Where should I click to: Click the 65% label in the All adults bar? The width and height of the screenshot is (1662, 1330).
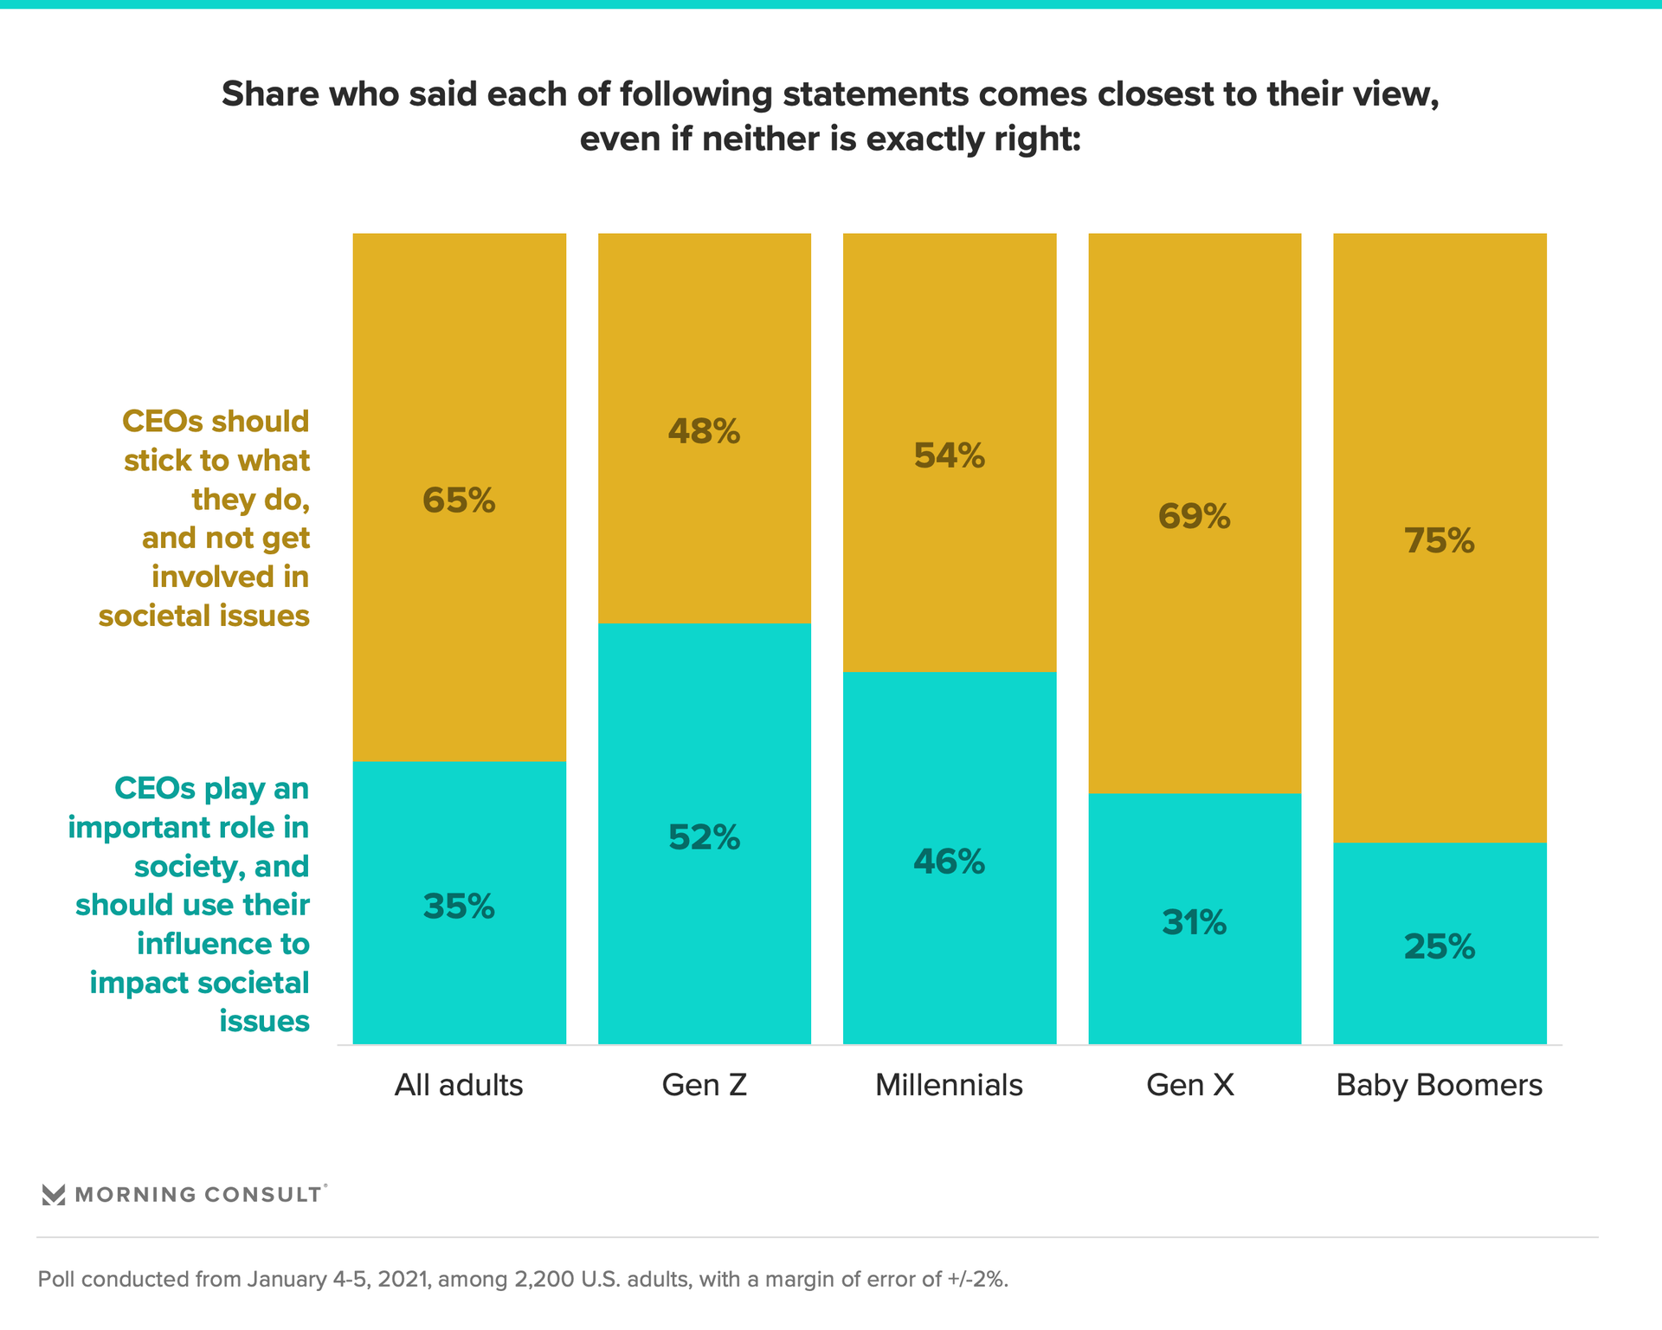click(459, 500)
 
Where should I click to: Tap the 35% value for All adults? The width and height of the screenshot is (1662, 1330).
click(459, 907)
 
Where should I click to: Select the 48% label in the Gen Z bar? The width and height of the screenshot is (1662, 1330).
click(704, 431)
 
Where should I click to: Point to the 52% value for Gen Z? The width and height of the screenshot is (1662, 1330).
click(704, 837)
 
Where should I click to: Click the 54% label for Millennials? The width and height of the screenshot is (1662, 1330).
click(950, 455)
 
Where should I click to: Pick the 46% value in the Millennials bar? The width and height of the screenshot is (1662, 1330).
click(950, 862)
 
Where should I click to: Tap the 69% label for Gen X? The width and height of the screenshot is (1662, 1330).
click(1195, 517)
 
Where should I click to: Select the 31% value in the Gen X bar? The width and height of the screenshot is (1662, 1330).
click(1195, 923)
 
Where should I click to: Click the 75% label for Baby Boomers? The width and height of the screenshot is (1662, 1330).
click(1440, 541)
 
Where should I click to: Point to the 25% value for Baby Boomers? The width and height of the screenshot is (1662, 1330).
click(1440, 947)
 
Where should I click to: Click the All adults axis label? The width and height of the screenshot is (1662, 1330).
click(459, 1085)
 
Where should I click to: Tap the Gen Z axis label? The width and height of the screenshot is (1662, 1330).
click(704, 1085)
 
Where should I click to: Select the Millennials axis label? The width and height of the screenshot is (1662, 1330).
click(950, 1085)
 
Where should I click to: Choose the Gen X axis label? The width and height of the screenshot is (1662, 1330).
click(1190, 1085)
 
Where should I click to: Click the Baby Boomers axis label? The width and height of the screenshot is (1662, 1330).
click(1440, 1085)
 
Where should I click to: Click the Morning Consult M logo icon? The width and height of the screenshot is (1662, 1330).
click(54, 1195)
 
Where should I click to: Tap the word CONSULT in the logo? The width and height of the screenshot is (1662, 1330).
click(263, 1195)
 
